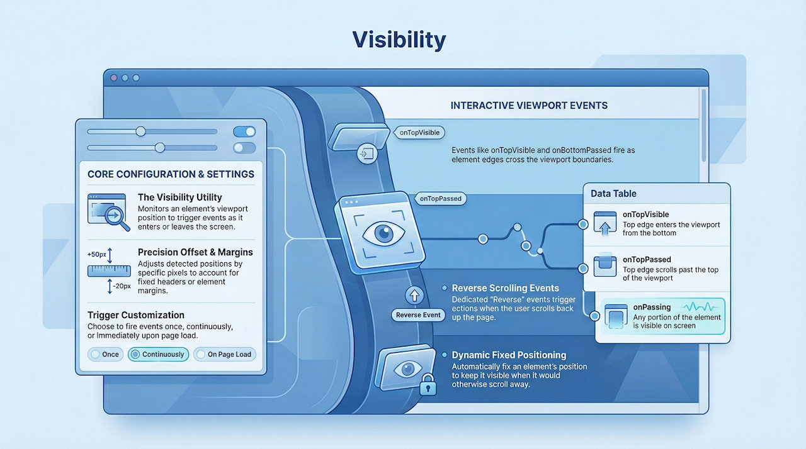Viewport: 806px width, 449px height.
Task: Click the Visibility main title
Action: tap(399, 40)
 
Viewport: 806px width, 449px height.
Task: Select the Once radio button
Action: tap(105, 354)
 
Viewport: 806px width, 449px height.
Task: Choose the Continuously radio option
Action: tap(158, 354)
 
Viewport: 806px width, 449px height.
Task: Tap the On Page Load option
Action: tap(225, 354)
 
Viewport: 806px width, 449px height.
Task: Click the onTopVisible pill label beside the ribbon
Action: tap(419, 133)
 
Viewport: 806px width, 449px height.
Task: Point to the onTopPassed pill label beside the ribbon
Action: tap(440, 199)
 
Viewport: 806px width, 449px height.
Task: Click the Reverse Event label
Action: tap(418, 315)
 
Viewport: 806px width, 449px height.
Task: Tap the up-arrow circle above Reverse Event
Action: tap(414, 296)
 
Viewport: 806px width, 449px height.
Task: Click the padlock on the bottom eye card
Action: tap(428, 384)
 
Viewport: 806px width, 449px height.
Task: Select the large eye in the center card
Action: tap(384, 234)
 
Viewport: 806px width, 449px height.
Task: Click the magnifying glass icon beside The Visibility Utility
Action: tap(116, 216)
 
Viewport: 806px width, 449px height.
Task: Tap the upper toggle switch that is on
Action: tap(244, 132)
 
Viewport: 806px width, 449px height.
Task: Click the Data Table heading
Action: tap(613, 194)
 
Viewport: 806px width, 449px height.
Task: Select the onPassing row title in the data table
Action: tap(652, 307)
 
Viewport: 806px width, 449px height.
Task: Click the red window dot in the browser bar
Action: tap(114, 78)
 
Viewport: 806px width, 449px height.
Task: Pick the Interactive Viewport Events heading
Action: tap(529, 106)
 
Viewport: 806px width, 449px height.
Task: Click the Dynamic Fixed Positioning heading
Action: tap(509, 355)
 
